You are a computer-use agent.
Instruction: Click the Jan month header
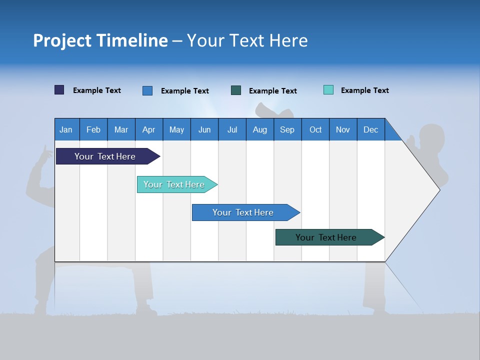tap(66, 129)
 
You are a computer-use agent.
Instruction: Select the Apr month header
tap(148, 129)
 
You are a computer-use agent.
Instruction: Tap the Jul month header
tap(232, 129)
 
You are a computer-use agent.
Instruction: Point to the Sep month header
tap(287, 129)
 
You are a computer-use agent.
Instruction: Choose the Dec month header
tap(370, 129)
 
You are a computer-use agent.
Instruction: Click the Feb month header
tap(93, 129)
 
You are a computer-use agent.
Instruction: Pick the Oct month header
tap(315, 129)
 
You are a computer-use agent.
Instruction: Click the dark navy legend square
tap(59, 90)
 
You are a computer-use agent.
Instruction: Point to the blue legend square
tap(147, 90)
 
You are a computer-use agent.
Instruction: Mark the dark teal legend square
tap(236, 90)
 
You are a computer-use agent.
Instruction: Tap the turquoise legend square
tap(328, 90)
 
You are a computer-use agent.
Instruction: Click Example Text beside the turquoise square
tap(364, 90)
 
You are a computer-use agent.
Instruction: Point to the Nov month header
tap(343, 129)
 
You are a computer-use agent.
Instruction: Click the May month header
tap(176, 129)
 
